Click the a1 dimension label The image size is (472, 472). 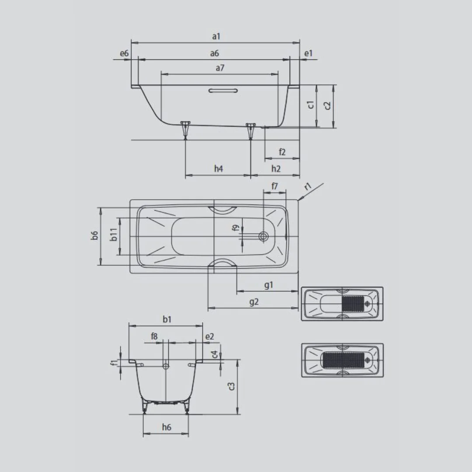click(x=216, y=36)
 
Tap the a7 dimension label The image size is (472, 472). click(x=220, y=68)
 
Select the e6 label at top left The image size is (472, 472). click(x=124, y=53)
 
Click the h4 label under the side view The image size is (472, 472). click(x=219, y=169)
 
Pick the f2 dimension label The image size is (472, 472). click(x=282, y=152)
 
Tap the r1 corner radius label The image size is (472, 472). click(x=308, y=187)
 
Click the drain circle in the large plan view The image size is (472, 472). click(x=264, y=236)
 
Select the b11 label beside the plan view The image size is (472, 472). click(x=114, y=235)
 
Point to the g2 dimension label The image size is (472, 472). click(x=254, y=302)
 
